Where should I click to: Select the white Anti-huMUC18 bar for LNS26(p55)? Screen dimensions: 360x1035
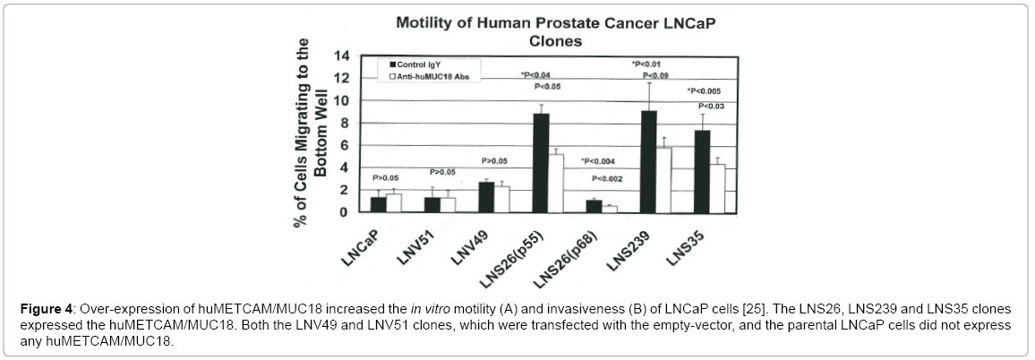pyautogui.click(x=556, y=183)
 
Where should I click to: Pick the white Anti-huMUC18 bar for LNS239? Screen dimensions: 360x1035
pyautogui.click(x=663, y=179)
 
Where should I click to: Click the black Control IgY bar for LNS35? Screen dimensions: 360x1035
pyautogui.click(x=703, y=171)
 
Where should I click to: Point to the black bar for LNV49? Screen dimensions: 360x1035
pyautogui.click(x=486, y=197)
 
